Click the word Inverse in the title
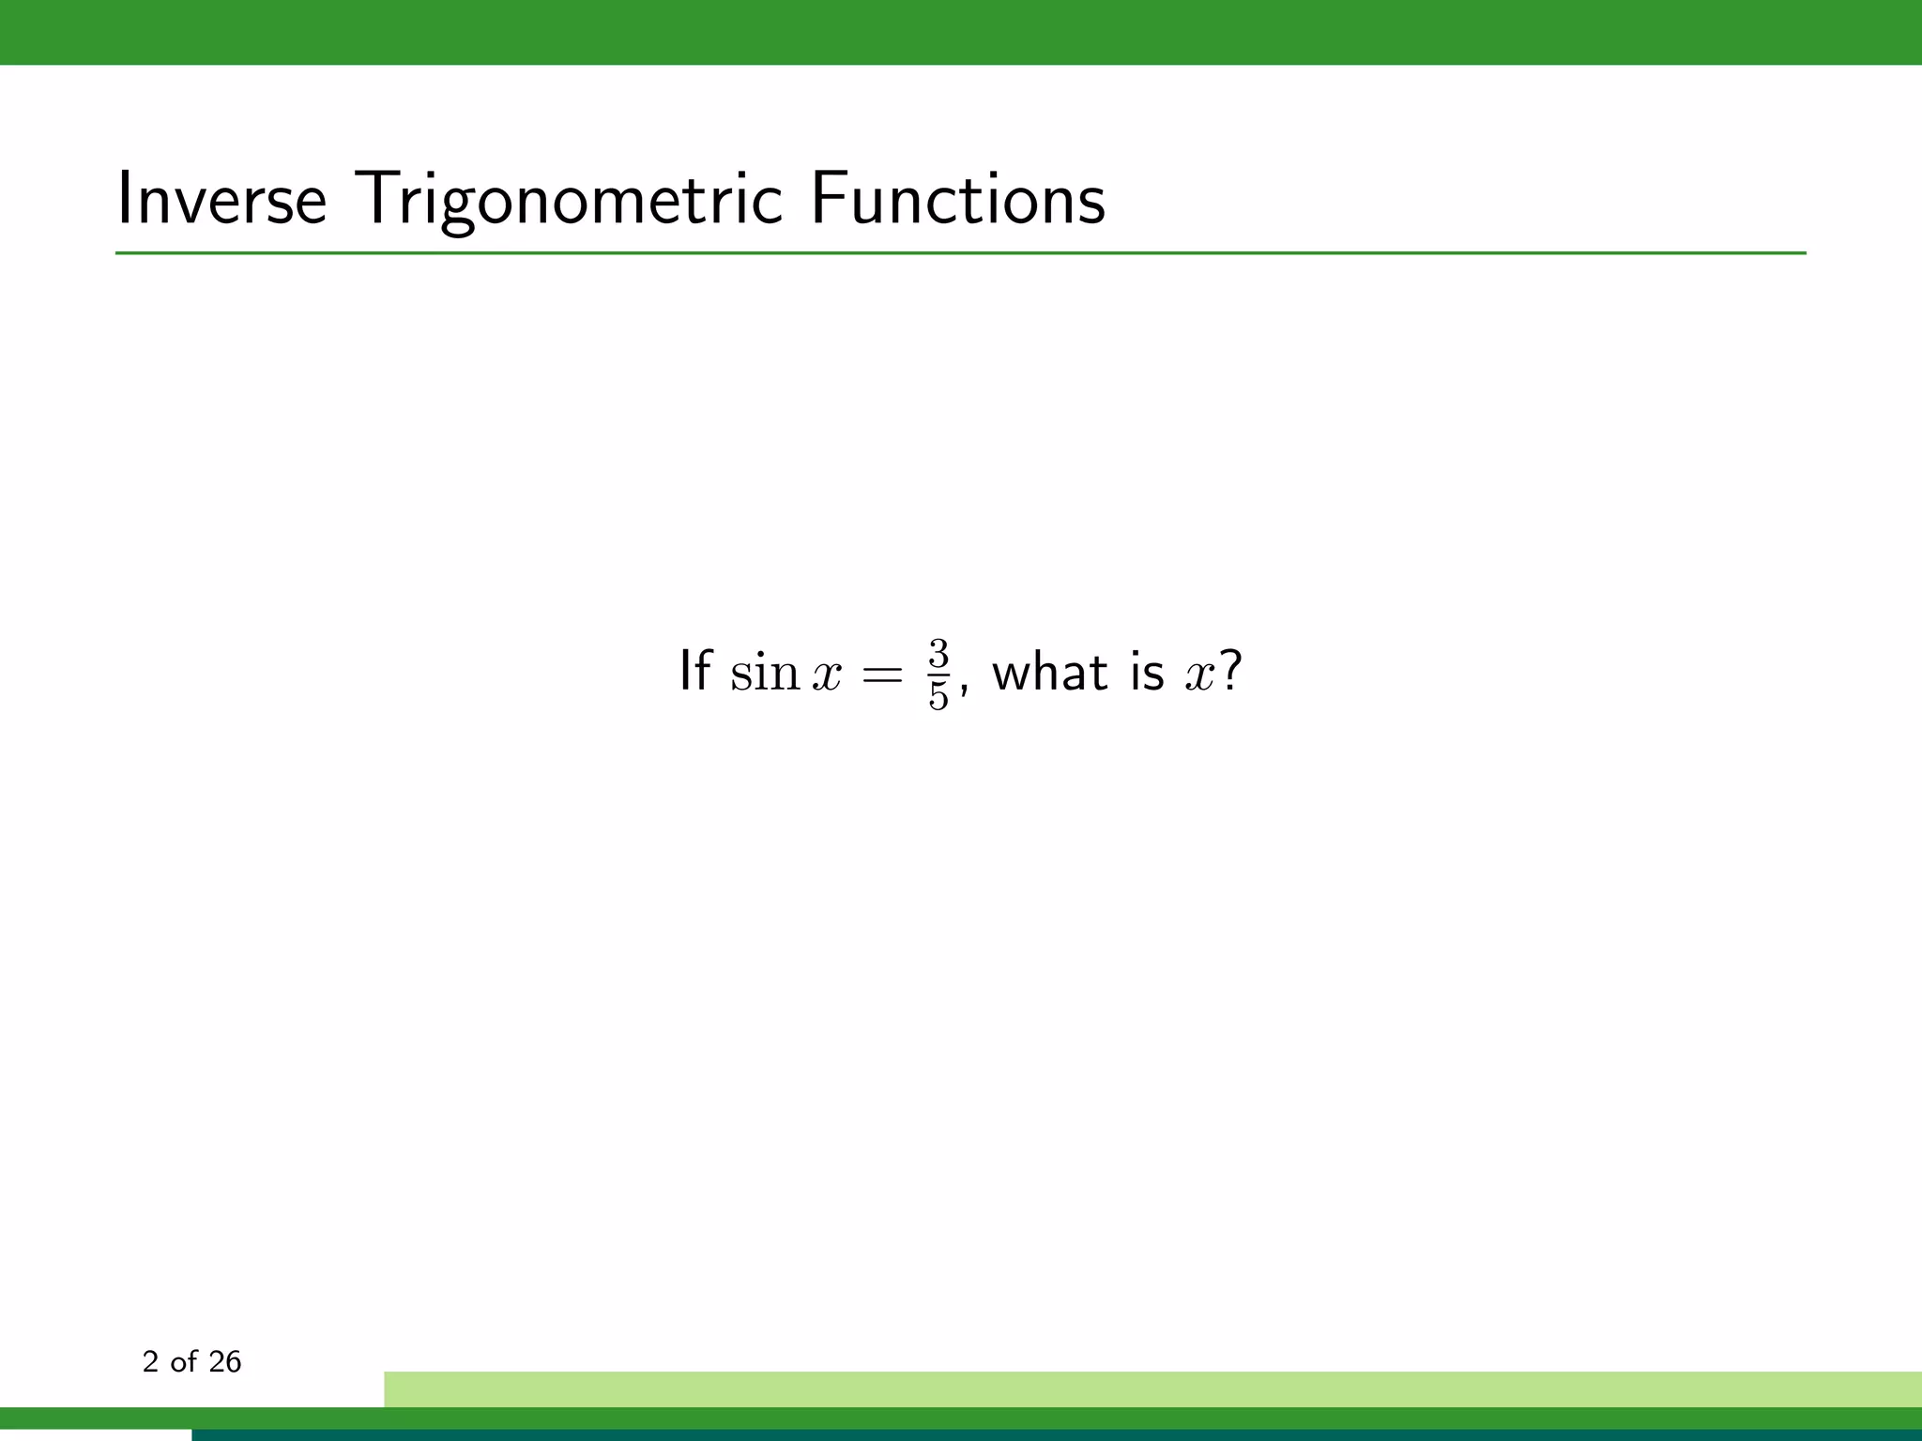221,199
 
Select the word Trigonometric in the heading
569,199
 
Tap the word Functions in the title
957,199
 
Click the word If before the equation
694,672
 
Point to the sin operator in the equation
764,673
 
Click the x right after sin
827,675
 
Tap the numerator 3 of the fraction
938,653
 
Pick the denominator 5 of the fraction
938,696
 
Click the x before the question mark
1200,675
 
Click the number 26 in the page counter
225,1361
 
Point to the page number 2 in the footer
150,1361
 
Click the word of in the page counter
184,1361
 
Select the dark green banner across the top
961,32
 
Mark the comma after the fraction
964,690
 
